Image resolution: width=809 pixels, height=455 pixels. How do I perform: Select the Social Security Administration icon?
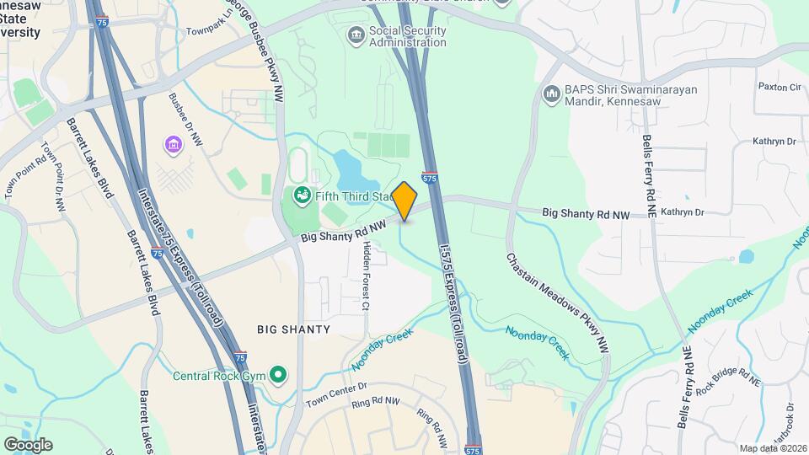coord(356,35)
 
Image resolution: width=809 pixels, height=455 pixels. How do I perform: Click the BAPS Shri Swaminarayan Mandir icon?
coord(552,93)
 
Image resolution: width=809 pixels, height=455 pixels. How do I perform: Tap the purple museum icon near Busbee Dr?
coord(174,145)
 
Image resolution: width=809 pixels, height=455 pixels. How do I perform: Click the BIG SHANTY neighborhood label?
coord(295,329)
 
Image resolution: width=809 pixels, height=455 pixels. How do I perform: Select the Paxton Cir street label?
coord(780,87)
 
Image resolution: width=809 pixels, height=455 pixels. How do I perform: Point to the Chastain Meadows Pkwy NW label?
coord(558,301)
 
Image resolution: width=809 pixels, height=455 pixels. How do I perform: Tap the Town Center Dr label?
coord(338,390)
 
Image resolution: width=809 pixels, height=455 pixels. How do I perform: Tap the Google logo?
coord(28,444)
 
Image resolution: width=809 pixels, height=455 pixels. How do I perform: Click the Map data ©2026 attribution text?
coord(772,447)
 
